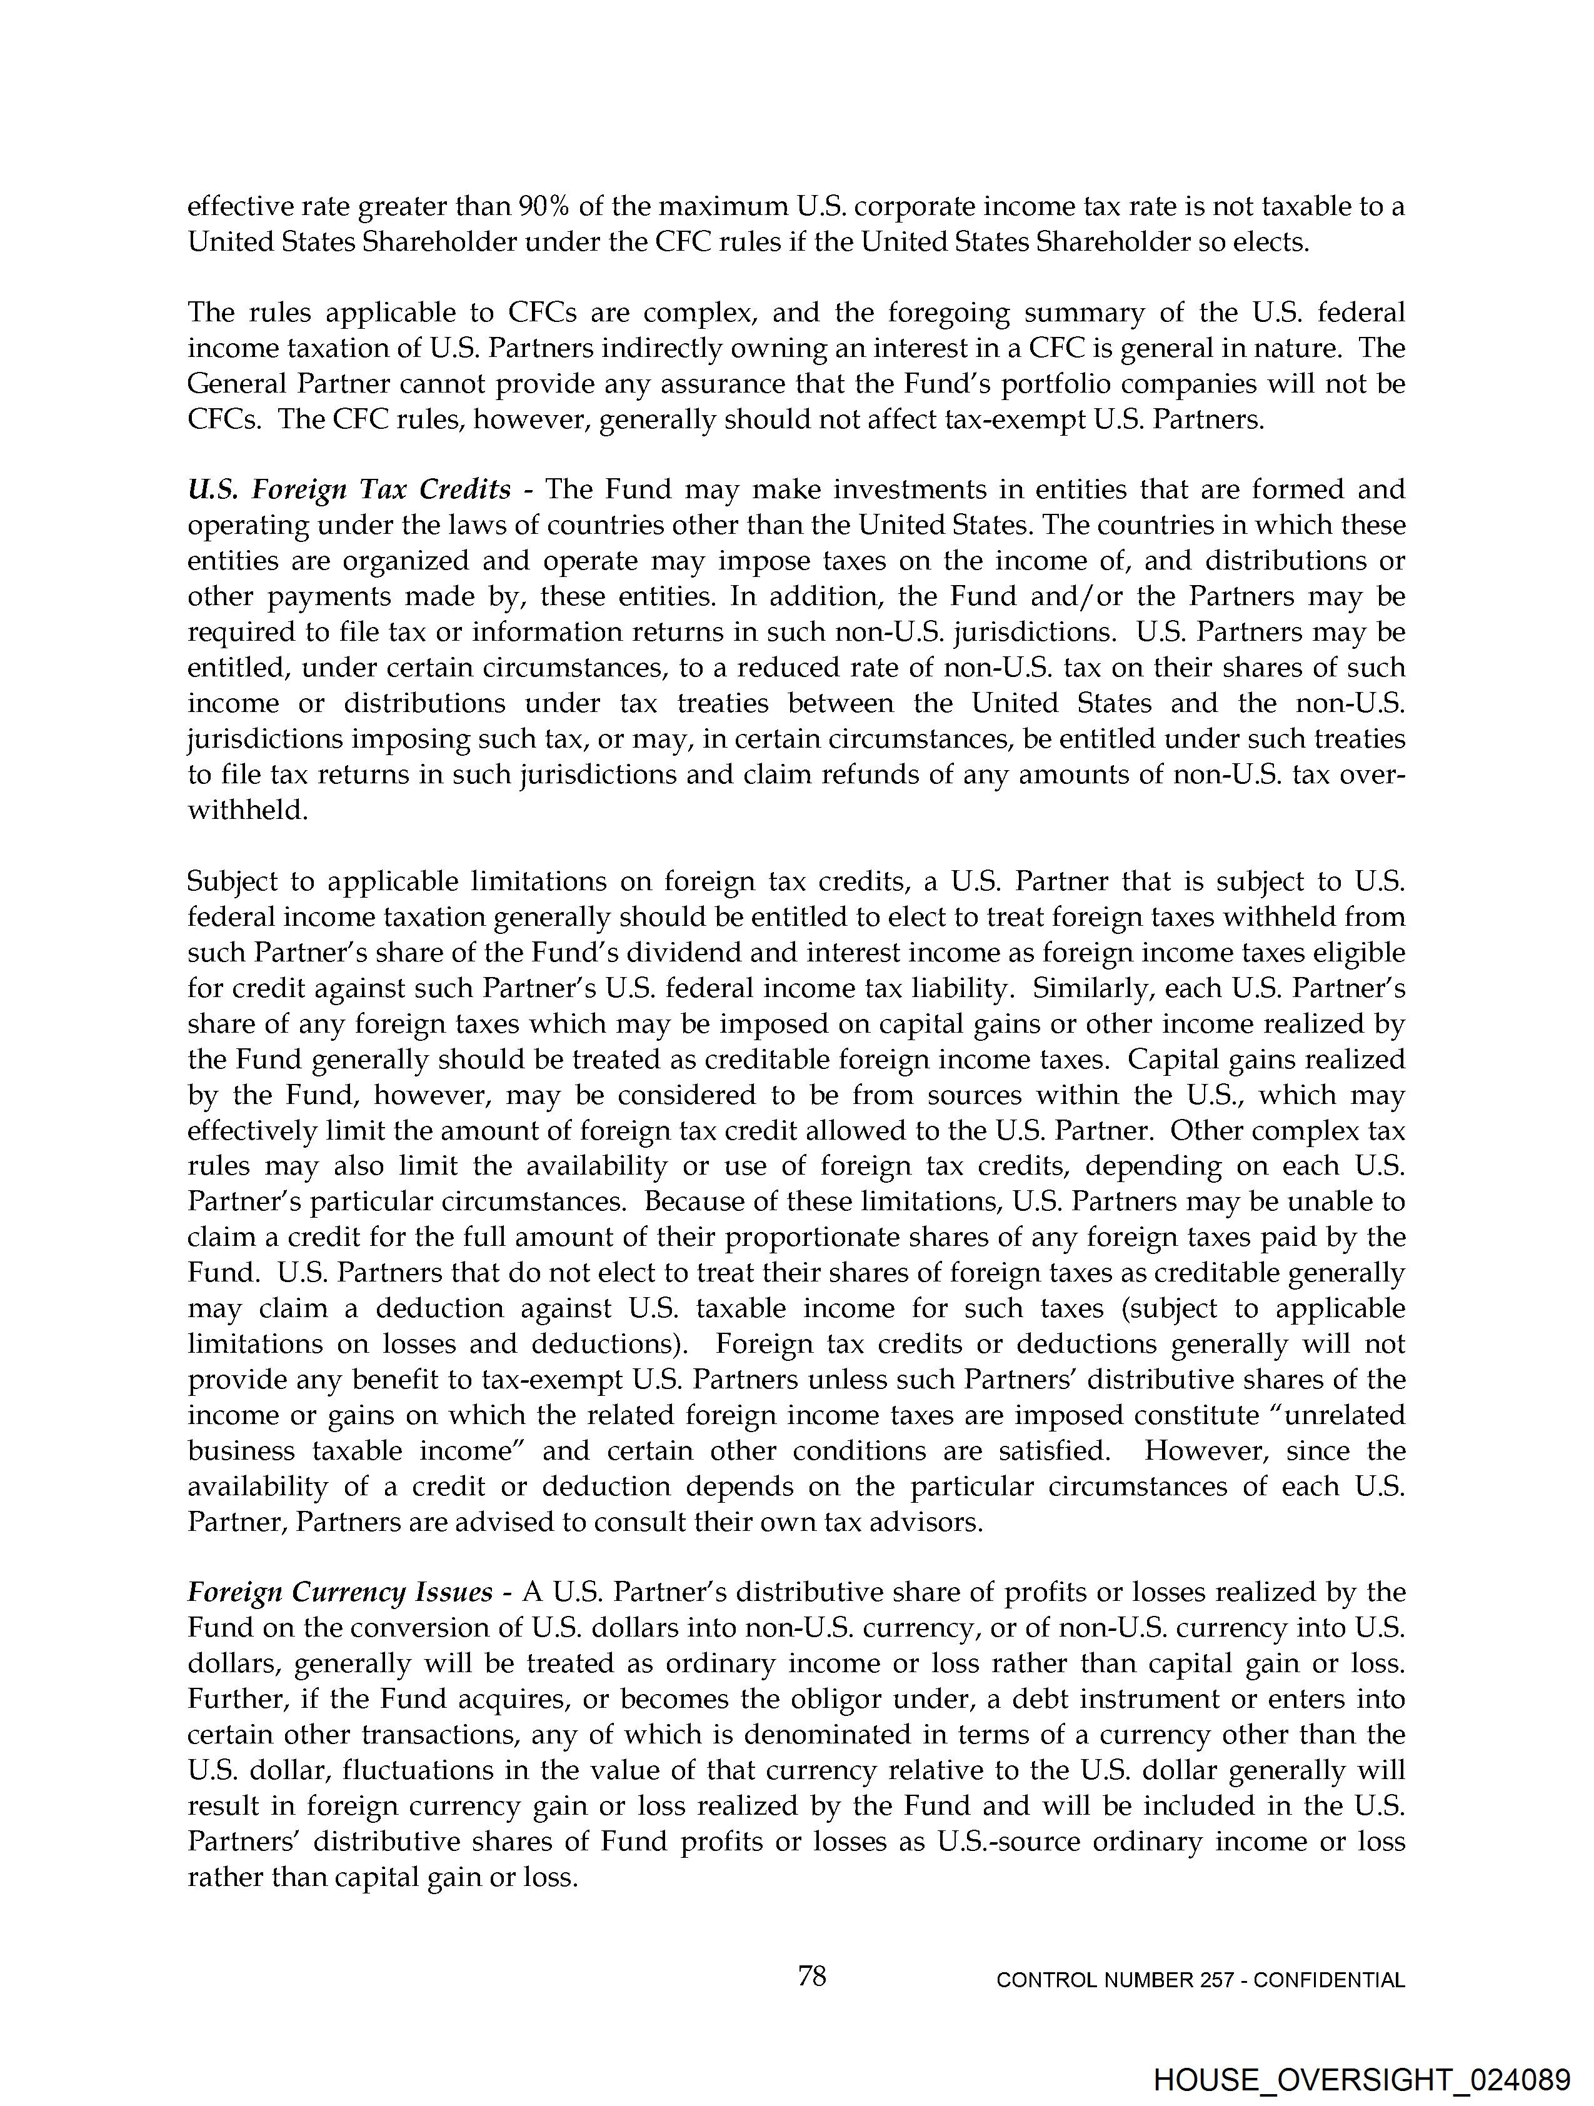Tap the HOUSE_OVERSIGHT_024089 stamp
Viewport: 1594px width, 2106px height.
(1361, 2079)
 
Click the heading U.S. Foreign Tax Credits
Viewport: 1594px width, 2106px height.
(349, 489)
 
